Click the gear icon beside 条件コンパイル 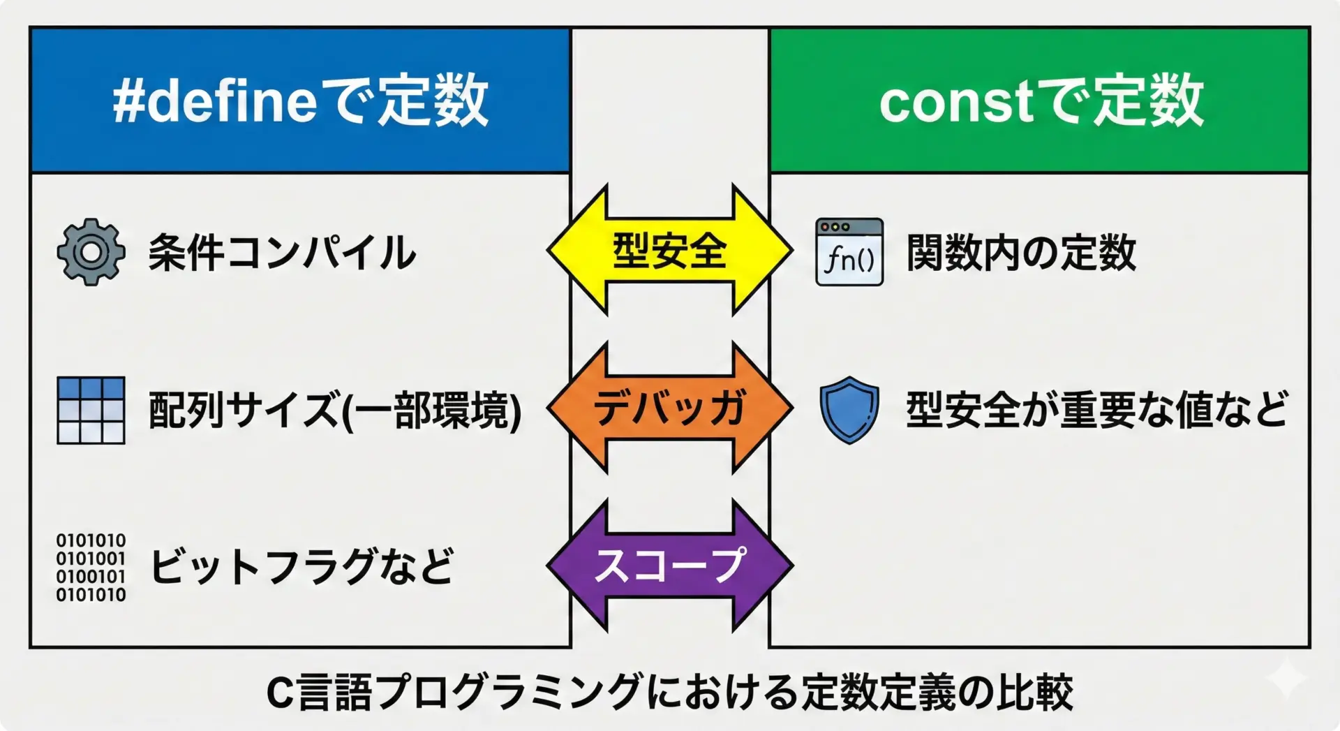91,252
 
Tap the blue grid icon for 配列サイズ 91,411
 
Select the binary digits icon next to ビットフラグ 91,568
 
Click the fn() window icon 849,252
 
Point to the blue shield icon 849,410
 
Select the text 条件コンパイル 282,252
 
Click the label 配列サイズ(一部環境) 335,410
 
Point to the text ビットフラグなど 302,566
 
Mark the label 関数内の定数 1021,252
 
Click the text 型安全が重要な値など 1096,410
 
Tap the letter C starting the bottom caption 280,693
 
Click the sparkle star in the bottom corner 1286,677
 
